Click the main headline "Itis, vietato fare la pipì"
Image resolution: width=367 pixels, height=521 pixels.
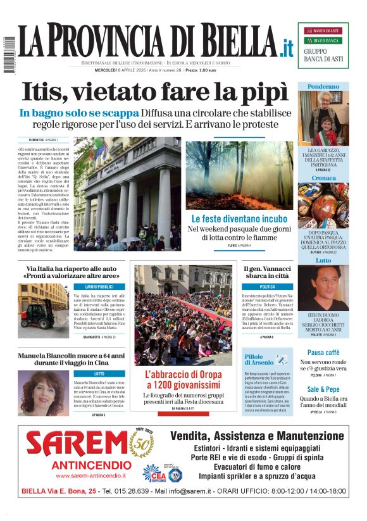click(150, 92)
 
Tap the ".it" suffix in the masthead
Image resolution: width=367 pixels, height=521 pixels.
click(288, 47)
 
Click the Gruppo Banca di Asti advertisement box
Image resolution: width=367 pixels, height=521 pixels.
click(323, 45)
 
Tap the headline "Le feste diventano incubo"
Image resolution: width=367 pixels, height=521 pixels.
click(239, 219)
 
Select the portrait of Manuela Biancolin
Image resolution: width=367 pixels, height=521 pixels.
click(40, 393)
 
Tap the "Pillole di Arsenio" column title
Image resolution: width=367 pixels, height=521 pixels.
click(258, 360)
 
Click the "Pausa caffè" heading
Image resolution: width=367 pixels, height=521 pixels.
click(323, 352)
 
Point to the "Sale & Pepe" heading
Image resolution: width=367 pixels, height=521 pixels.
click(323, 389)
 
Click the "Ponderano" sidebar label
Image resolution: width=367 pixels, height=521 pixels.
click(323, 86)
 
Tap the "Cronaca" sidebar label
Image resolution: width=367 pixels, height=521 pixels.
click(323, 179)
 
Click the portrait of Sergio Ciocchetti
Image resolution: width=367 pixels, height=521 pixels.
click(323, 287)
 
